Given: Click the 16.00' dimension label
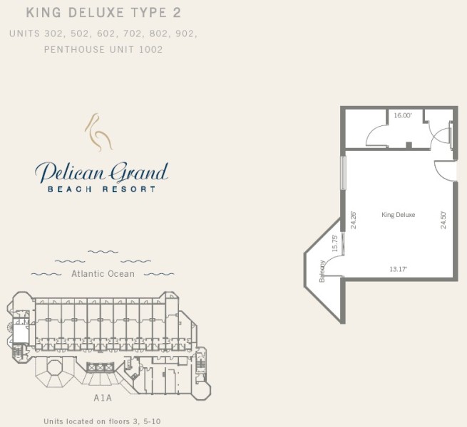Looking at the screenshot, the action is tap(403, 115).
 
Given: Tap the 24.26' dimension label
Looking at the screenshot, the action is tap(354, 220).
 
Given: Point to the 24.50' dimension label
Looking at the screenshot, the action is tap(443, 220).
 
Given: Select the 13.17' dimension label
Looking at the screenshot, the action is tap(399, 269).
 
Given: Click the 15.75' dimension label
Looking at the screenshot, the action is tap(335, 243).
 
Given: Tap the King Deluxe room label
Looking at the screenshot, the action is tap(399, 215).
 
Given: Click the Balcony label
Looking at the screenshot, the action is tap(322, 271).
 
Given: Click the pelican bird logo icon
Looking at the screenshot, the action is tap(98, 132).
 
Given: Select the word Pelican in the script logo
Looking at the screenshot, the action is tap(69, 172).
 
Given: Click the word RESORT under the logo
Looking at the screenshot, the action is tap(129, 189).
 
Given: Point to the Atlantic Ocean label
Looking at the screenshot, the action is tap(103, 273).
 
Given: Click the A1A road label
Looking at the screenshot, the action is tap(103, 398).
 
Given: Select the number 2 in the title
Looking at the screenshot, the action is tap(177, 13).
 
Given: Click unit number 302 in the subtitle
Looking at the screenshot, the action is tap(53, 33).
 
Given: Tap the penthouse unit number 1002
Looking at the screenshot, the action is tap(151, 49).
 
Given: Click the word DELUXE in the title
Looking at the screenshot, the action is tap(96, 13).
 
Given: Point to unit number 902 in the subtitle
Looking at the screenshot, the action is tap(185, 33).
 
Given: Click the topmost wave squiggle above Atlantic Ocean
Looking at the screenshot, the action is tap(103, 252).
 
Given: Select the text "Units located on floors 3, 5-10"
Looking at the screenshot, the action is tap(102, 421).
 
